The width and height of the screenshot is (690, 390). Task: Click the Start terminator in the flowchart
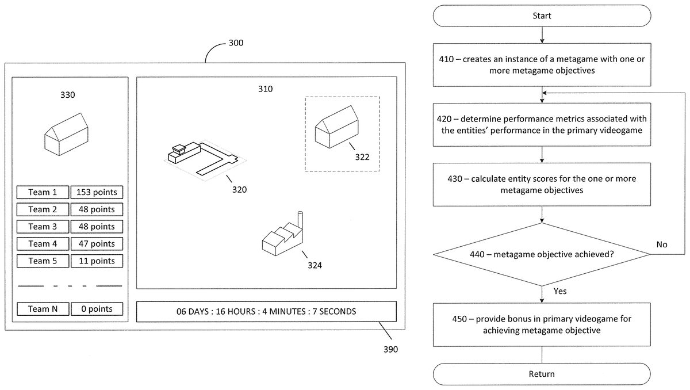[542, 16]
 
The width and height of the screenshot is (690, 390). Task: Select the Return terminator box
[542, 374]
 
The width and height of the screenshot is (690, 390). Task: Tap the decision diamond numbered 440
[542, 254]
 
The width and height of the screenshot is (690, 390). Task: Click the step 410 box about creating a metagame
[542, 64]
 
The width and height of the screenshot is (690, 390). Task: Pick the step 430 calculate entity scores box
[542, 184]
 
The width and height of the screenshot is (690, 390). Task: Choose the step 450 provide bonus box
[542, 324]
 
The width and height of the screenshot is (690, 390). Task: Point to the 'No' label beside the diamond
[662, 244]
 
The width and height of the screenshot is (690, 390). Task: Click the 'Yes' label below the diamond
[559, 291]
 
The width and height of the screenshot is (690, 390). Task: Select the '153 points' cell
[97, 193]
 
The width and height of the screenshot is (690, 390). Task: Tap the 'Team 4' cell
[43, 244]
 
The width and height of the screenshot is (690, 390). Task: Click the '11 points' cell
[97, 261]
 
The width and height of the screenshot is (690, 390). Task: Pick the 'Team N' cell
[43, 309]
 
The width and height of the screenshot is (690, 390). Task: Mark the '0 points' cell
[97, 309]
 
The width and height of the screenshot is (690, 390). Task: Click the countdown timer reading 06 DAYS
[266, 312]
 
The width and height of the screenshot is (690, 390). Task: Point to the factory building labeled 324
[282, 236]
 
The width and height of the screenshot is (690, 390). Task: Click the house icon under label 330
[67, 133]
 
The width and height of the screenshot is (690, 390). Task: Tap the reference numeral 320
[239, 189]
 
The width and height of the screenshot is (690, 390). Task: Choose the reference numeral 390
[390, 349]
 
